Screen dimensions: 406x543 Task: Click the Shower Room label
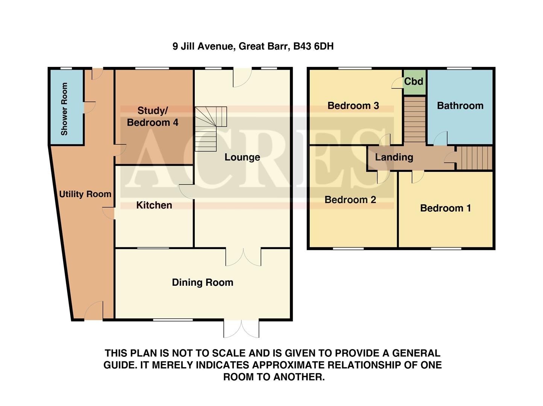(x=64, y=109)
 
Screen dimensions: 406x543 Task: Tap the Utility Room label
(x=85, y=194)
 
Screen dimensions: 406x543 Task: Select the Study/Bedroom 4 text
(x=152, y=117)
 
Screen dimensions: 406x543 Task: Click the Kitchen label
(x=154, y=205)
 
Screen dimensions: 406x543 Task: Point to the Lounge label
(x=242, y=157)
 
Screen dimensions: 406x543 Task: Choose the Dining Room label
(x=202, y=282)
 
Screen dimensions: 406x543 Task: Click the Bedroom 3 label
(x=353, y=106)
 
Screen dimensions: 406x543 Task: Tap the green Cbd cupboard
(x=414, y=82)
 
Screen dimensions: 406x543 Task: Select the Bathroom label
(x=460, y=106)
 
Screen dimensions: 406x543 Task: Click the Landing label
(x=394, y=157)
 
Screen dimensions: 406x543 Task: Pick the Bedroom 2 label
(x=350, y=200)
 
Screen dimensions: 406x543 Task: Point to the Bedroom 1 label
(x=445, y=208)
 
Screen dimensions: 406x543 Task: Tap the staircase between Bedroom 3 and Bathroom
(x=414, y=119)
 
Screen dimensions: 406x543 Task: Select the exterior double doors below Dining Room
(x=241, y=329)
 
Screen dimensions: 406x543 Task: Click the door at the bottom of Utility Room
(x=93, y=312)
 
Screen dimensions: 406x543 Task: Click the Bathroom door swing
(x=440, y=139)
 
